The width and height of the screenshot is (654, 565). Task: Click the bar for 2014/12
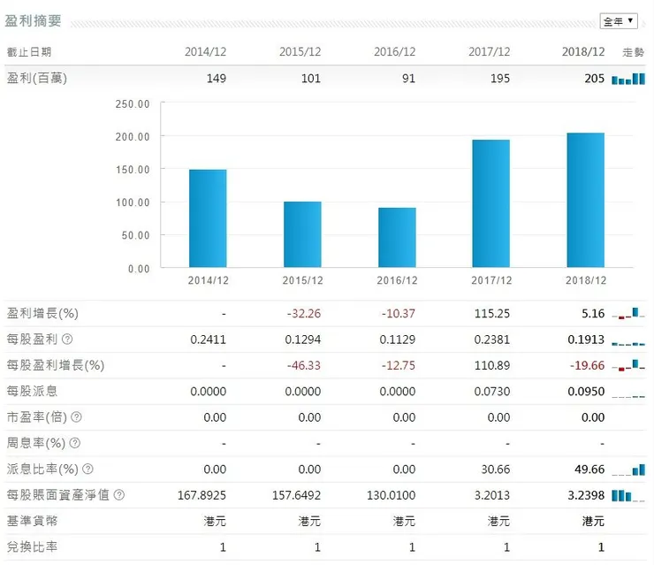pos(208,218)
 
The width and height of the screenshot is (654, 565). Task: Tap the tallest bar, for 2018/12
pos(586,200)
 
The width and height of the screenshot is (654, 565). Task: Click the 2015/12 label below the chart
pos(302,280)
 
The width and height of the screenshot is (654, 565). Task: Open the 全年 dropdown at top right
pos(619,21)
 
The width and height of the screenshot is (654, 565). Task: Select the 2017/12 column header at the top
pos(490,51)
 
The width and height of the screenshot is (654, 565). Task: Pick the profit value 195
pos(500,79)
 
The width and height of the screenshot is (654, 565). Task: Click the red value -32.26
pos(303,313)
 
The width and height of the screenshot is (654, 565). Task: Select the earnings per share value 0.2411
pos(209,340)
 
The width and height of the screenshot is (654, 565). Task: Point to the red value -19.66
pos(586,365)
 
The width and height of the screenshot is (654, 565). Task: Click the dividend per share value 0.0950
pos(586,391)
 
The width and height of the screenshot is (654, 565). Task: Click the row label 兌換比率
pos(33,547)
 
